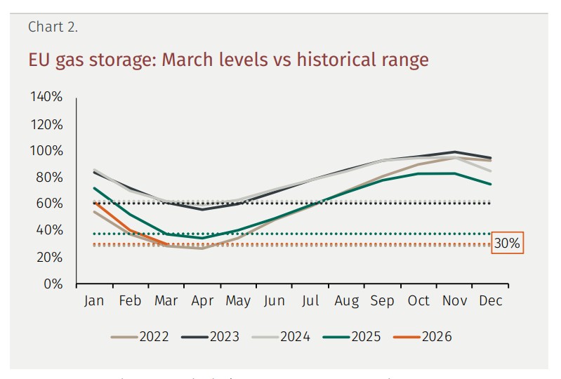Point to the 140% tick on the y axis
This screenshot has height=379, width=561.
(x=46, y=97)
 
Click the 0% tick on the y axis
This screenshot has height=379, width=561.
(x=53, y=284)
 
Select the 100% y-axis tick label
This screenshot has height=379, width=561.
(x=46, y=151)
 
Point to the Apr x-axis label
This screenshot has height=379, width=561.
(x=202, y=301)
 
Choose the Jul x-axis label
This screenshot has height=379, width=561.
(x=310, y=301)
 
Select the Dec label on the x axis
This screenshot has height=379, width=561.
(x=491, y=301)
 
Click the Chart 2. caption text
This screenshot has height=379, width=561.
(x=53, y=27)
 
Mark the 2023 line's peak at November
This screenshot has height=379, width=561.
(x=455, y=152)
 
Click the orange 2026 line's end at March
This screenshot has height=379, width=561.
(x=166, y=244)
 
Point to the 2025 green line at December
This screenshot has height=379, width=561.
(x=491, y=185)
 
